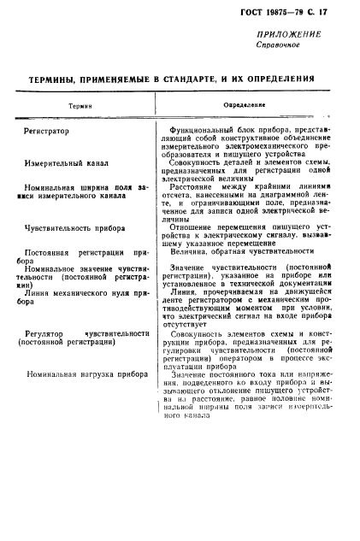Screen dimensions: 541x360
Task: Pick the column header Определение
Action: pos(244,105)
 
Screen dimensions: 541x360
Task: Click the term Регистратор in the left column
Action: pos(48,131)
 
